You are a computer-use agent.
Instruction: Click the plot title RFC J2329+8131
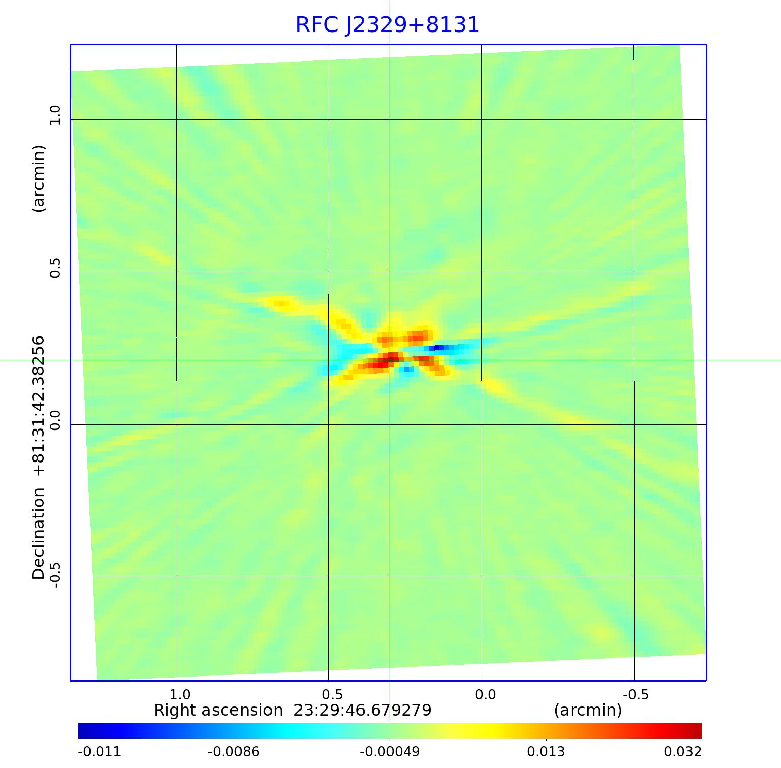point(387,25)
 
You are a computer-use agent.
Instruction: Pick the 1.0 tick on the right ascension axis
point(179,694)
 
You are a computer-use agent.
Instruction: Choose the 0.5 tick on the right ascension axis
point(332,694)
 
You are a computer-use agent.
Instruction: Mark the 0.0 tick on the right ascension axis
point(485,694)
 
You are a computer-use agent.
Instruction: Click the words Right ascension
point(218,710)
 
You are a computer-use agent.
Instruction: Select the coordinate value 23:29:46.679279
point(363,710)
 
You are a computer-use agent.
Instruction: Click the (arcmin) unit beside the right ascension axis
point(588,710)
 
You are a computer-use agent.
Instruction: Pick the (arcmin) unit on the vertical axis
point(39,178)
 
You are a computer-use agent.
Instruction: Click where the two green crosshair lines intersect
point(390,360)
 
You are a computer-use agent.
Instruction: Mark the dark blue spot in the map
point(438,348)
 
